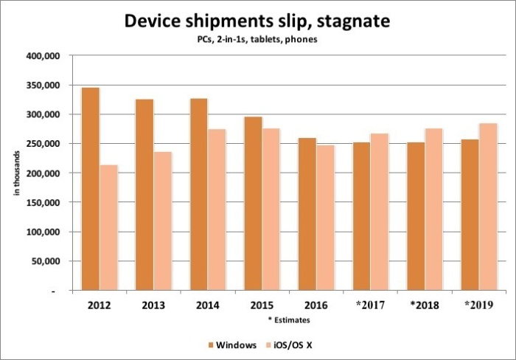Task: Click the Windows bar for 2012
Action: [91, 189]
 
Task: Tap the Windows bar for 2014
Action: [199, 194]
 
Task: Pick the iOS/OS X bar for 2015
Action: [271, 210]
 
